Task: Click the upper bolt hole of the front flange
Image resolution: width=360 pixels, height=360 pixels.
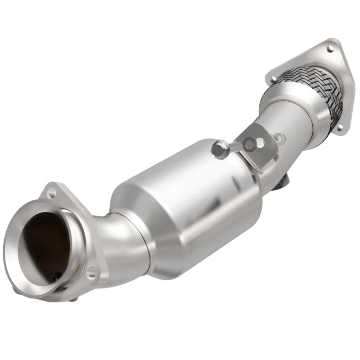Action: [x=51, y=194]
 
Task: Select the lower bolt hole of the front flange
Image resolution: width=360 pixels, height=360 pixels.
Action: [x=92, y=271]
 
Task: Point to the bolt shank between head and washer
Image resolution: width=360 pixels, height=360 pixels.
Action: [x=233, y=147]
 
